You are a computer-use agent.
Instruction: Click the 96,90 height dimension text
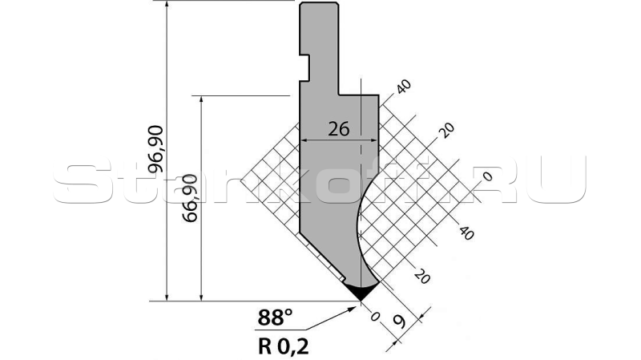point(155,149)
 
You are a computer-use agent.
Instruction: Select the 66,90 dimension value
point(190,198)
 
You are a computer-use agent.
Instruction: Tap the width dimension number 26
point(339,129)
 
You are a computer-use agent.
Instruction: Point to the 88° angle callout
point(275,317)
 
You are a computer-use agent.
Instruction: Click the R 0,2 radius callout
point(284,347)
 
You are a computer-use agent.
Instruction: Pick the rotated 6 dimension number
point(399,322)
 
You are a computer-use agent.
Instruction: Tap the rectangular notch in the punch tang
point(304,67)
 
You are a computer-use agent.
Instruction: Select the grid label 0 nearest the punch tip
point(375,317)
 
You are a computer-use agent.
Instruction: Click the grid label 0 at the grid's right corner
point(487,176)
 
